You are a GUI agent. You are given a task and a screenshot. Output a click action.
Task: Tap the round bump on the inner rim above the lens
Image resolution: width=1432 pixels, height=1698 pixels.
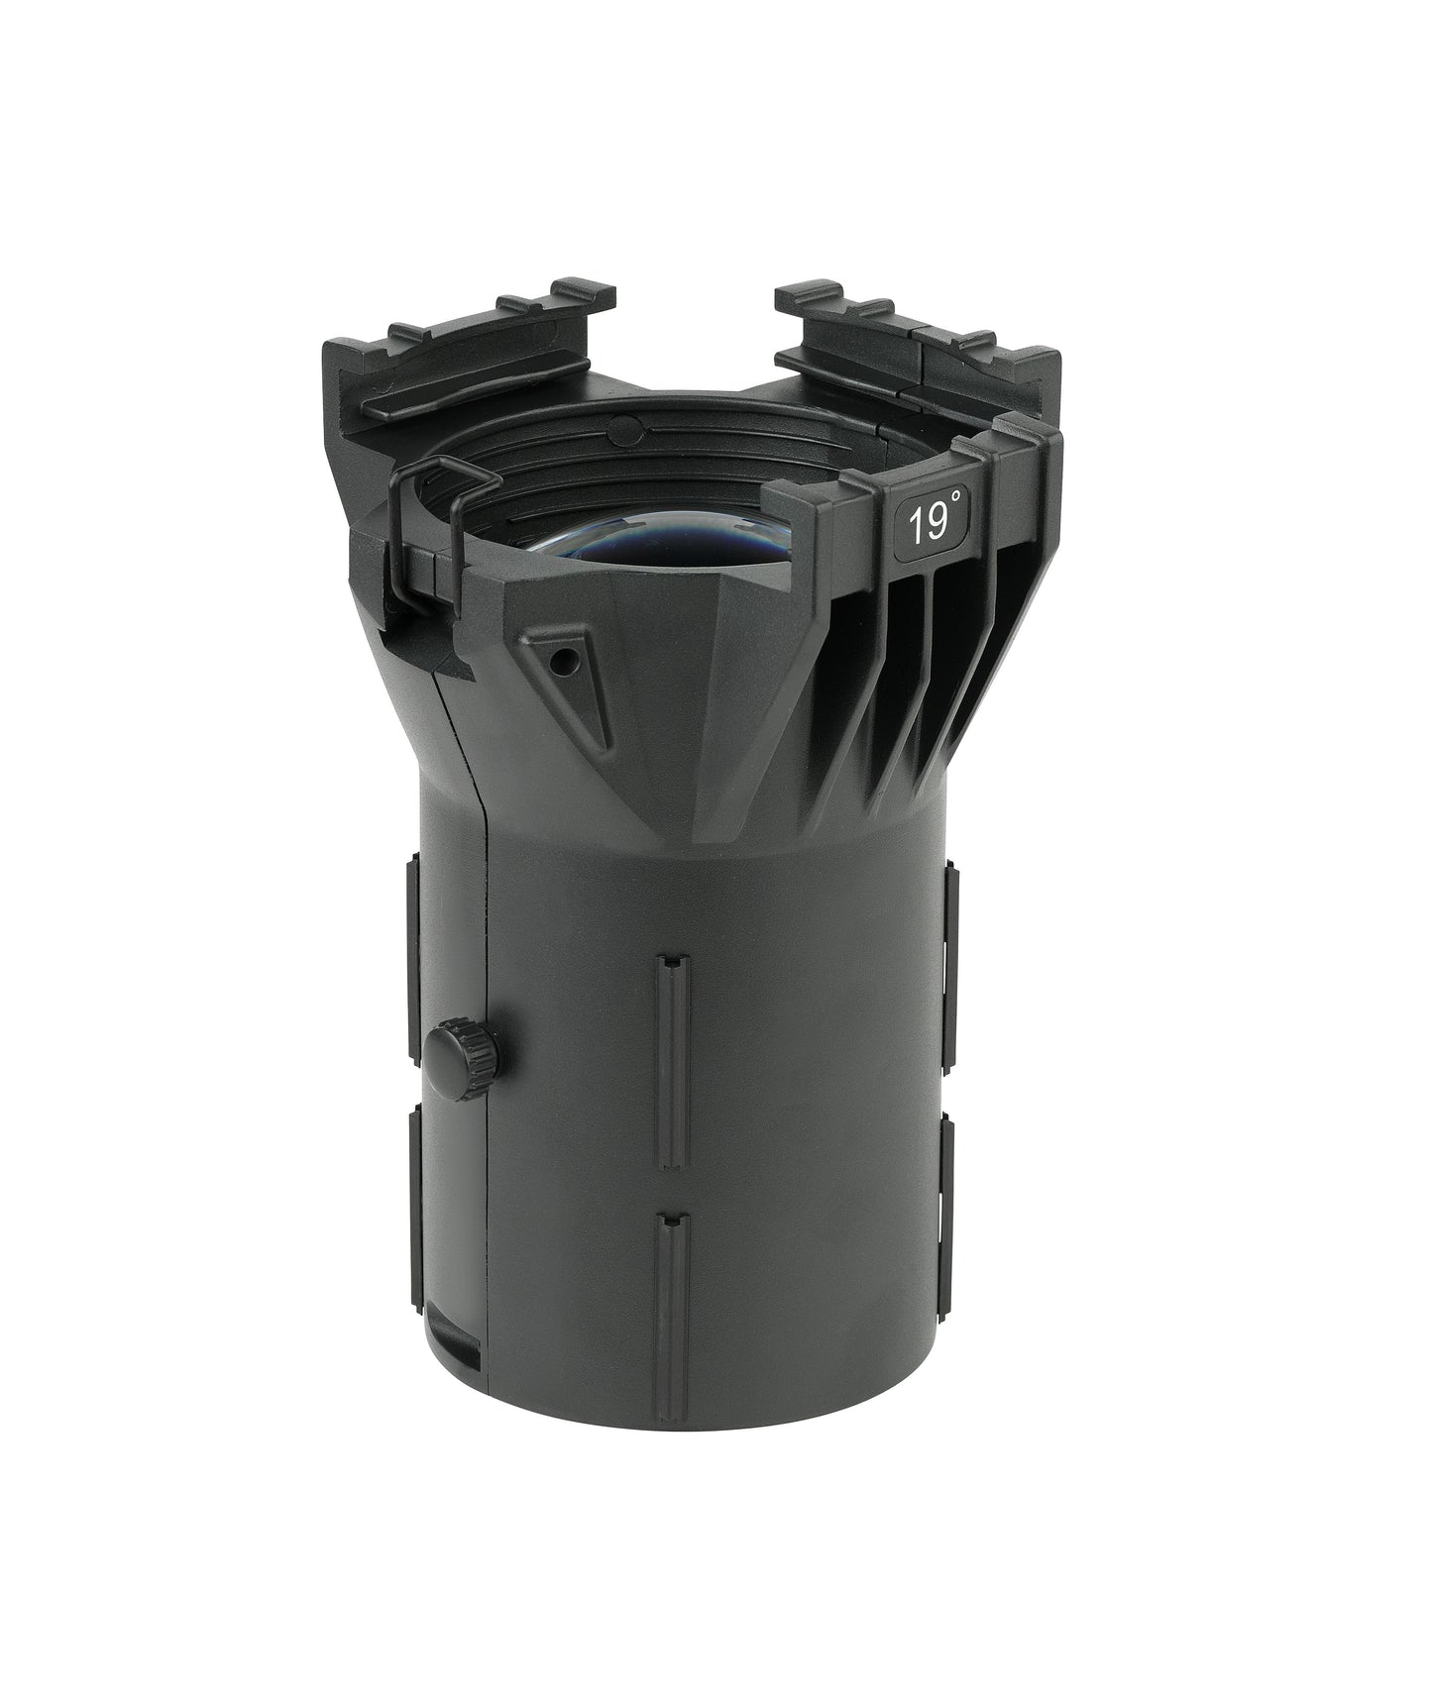[x=621, y=428]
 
